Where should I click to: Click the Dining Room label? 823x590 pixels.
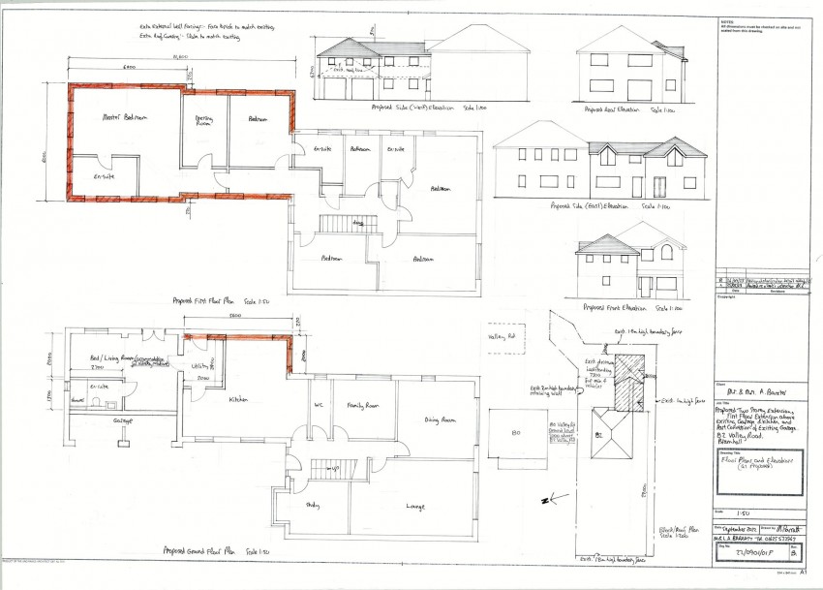point(441,420)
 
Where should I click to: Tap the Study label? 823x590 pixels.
point(313,504)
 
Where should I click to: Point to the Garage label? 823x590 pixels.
point(123,421)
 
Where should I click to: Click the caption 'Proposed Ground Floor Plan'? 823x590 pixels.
point(205,548)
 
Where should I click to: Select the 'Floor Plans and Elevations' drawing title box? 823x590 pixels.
point(760,473)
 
